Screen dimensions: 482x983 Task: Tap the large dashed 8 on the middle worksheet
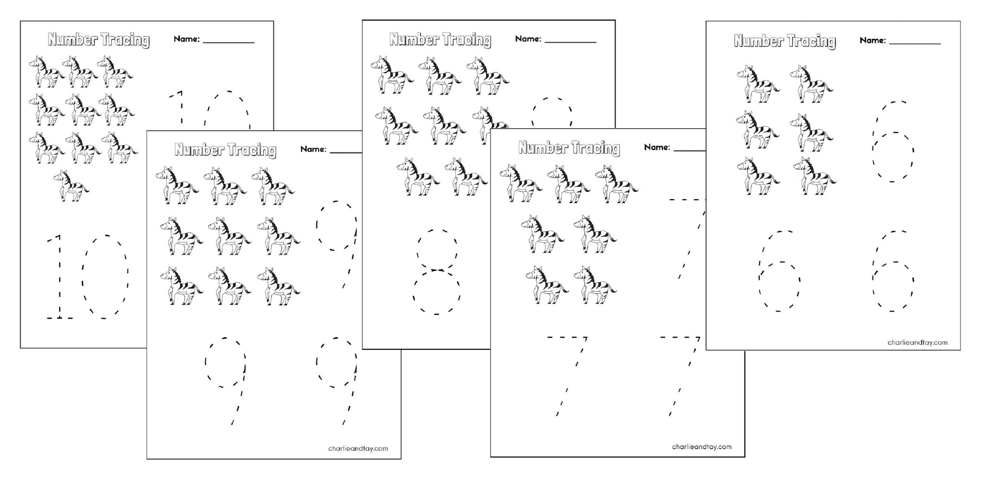[436, 272]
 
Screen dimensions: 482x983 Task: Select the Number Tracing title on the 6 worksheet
[785, 41]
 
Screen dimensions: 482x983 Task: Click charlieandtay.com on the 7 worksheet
[702, 446]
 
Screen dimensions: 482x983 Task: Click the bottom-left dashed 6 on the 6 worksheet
[779, 272]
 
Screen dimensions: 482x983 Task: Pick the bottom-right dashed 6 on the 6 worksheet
[893, 272]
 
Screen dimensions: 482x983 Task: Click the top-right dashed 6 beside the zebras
[893, 142]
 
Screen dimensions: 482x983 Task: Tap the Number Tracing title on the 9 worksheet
[226, 150]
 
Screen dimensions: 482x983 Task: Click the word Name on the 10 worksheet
[186, 39]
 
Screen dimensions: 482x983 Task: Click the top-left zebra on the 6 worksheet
[758, 84]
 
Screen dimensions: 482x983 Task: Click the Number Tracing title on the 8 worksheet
[440, 39]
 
